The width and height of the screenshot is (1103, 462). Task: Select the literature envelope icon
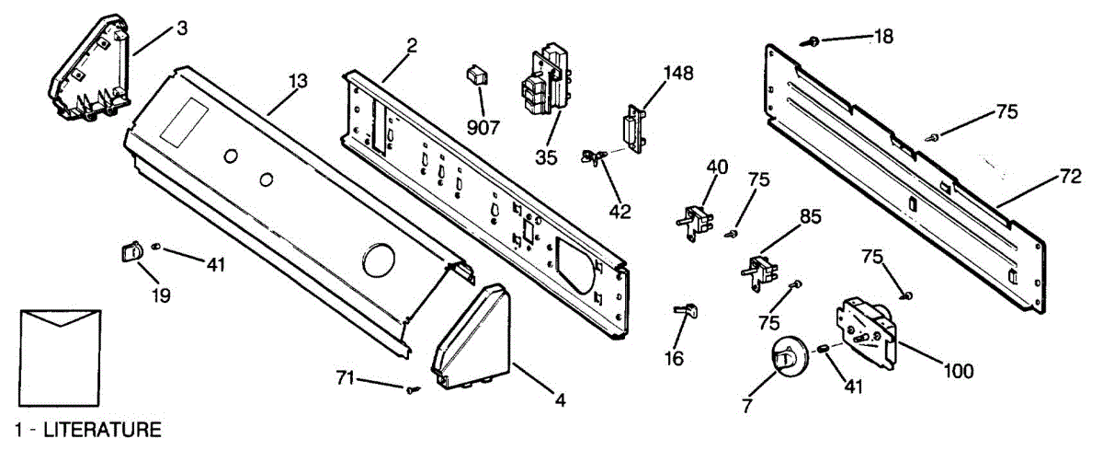click(x=60, y=354)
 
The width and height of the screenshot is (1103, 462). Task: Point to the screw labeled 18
click(x=813, y=40)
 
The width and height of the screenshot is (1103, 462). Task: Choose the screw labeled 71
click(x=411, y=389)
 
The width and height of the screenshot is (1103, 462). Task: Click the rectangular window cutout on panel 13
click(x=183, y=120)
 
